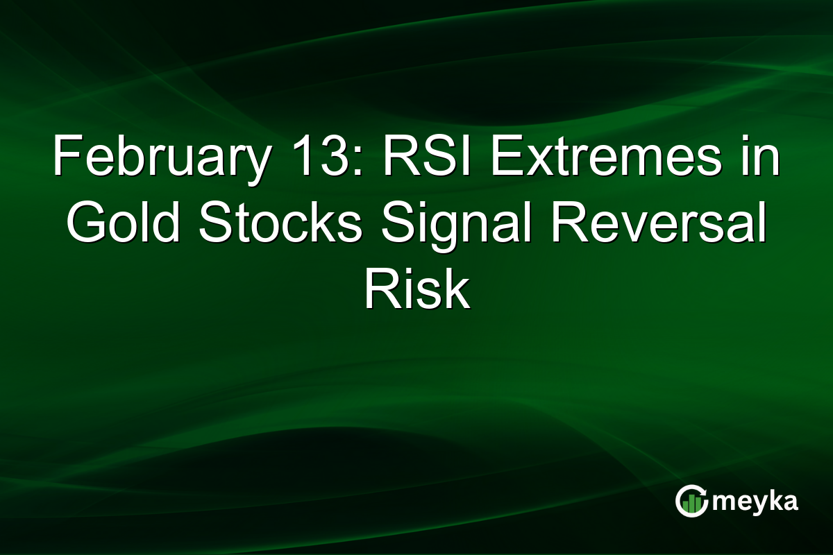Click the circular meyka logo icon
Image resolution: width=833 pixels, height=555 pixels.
click(x=691, y=501)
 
